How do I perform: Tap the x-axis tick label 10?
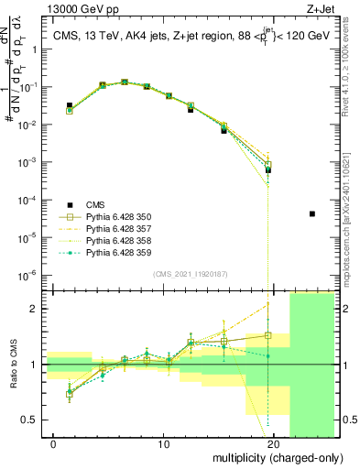click(164, 444)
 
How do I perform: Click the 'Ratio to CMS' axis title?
click(13, 380)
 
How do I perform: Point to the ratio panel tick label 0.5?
click(31, 420)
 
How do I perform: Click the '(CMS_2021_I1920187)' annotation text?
click(190, 274)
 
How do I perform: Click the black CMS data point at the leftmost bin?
click(70, 106)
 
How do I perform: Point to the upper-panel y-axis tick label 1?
click(38, 48)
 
